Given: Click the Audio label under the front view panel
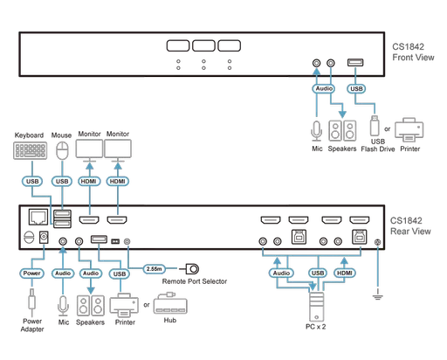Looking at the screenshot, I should click(x=322, y=88).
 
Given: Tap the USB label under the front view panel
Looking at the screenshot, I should click(x=356, y=88).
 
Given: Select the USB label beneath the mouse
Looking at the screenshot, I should click(x=60, y=181).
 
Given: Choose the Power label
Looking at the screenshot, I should click(x=31, y=273).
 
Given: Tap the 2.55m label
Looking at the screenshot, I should click(x=155, y=267).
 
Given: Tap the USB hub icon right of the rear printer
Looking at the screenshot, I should click(x=167, y=306).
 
